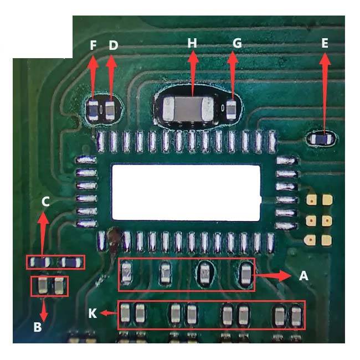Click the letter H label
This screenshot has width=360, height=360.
point(192,43)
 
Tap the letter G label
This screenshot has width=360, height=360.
point(237,43)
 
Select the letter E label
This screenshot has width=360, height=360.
point(325,43)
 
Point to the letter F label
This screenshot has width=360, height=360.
point(93,45)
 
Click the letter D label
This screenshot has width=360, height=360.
point(113,45)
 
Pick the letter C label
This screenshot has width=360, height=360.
point(45,202)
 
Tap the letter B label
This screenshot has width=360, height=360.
point(38,327)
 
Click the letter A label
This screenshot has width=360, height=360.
point(304,275)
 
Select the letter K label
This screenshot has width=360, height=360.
point(92,313)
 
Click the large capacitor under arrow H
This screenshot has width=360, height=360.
point(188,109)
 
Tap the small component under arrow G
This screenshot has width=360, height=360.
point(231,110)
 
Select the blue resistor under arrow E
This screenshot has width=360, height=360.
point(321,139)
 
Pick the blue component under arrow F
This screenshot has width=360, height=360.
point(93,111)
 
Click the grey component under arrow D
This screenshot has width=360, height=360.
point(110,110)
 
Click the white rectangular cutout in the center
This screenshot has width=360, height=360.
point(186,192)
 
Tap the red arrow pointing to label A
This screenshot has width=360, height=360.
point(272,275)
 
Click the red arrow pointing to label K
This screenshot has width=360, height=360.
point(109,313)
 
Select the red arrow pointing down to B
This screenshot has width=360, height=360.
point(44,309)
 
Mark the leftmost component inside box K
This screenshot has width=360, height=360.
point(125,313)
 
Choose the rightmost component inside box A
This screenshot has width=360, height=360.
point(246,275)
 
